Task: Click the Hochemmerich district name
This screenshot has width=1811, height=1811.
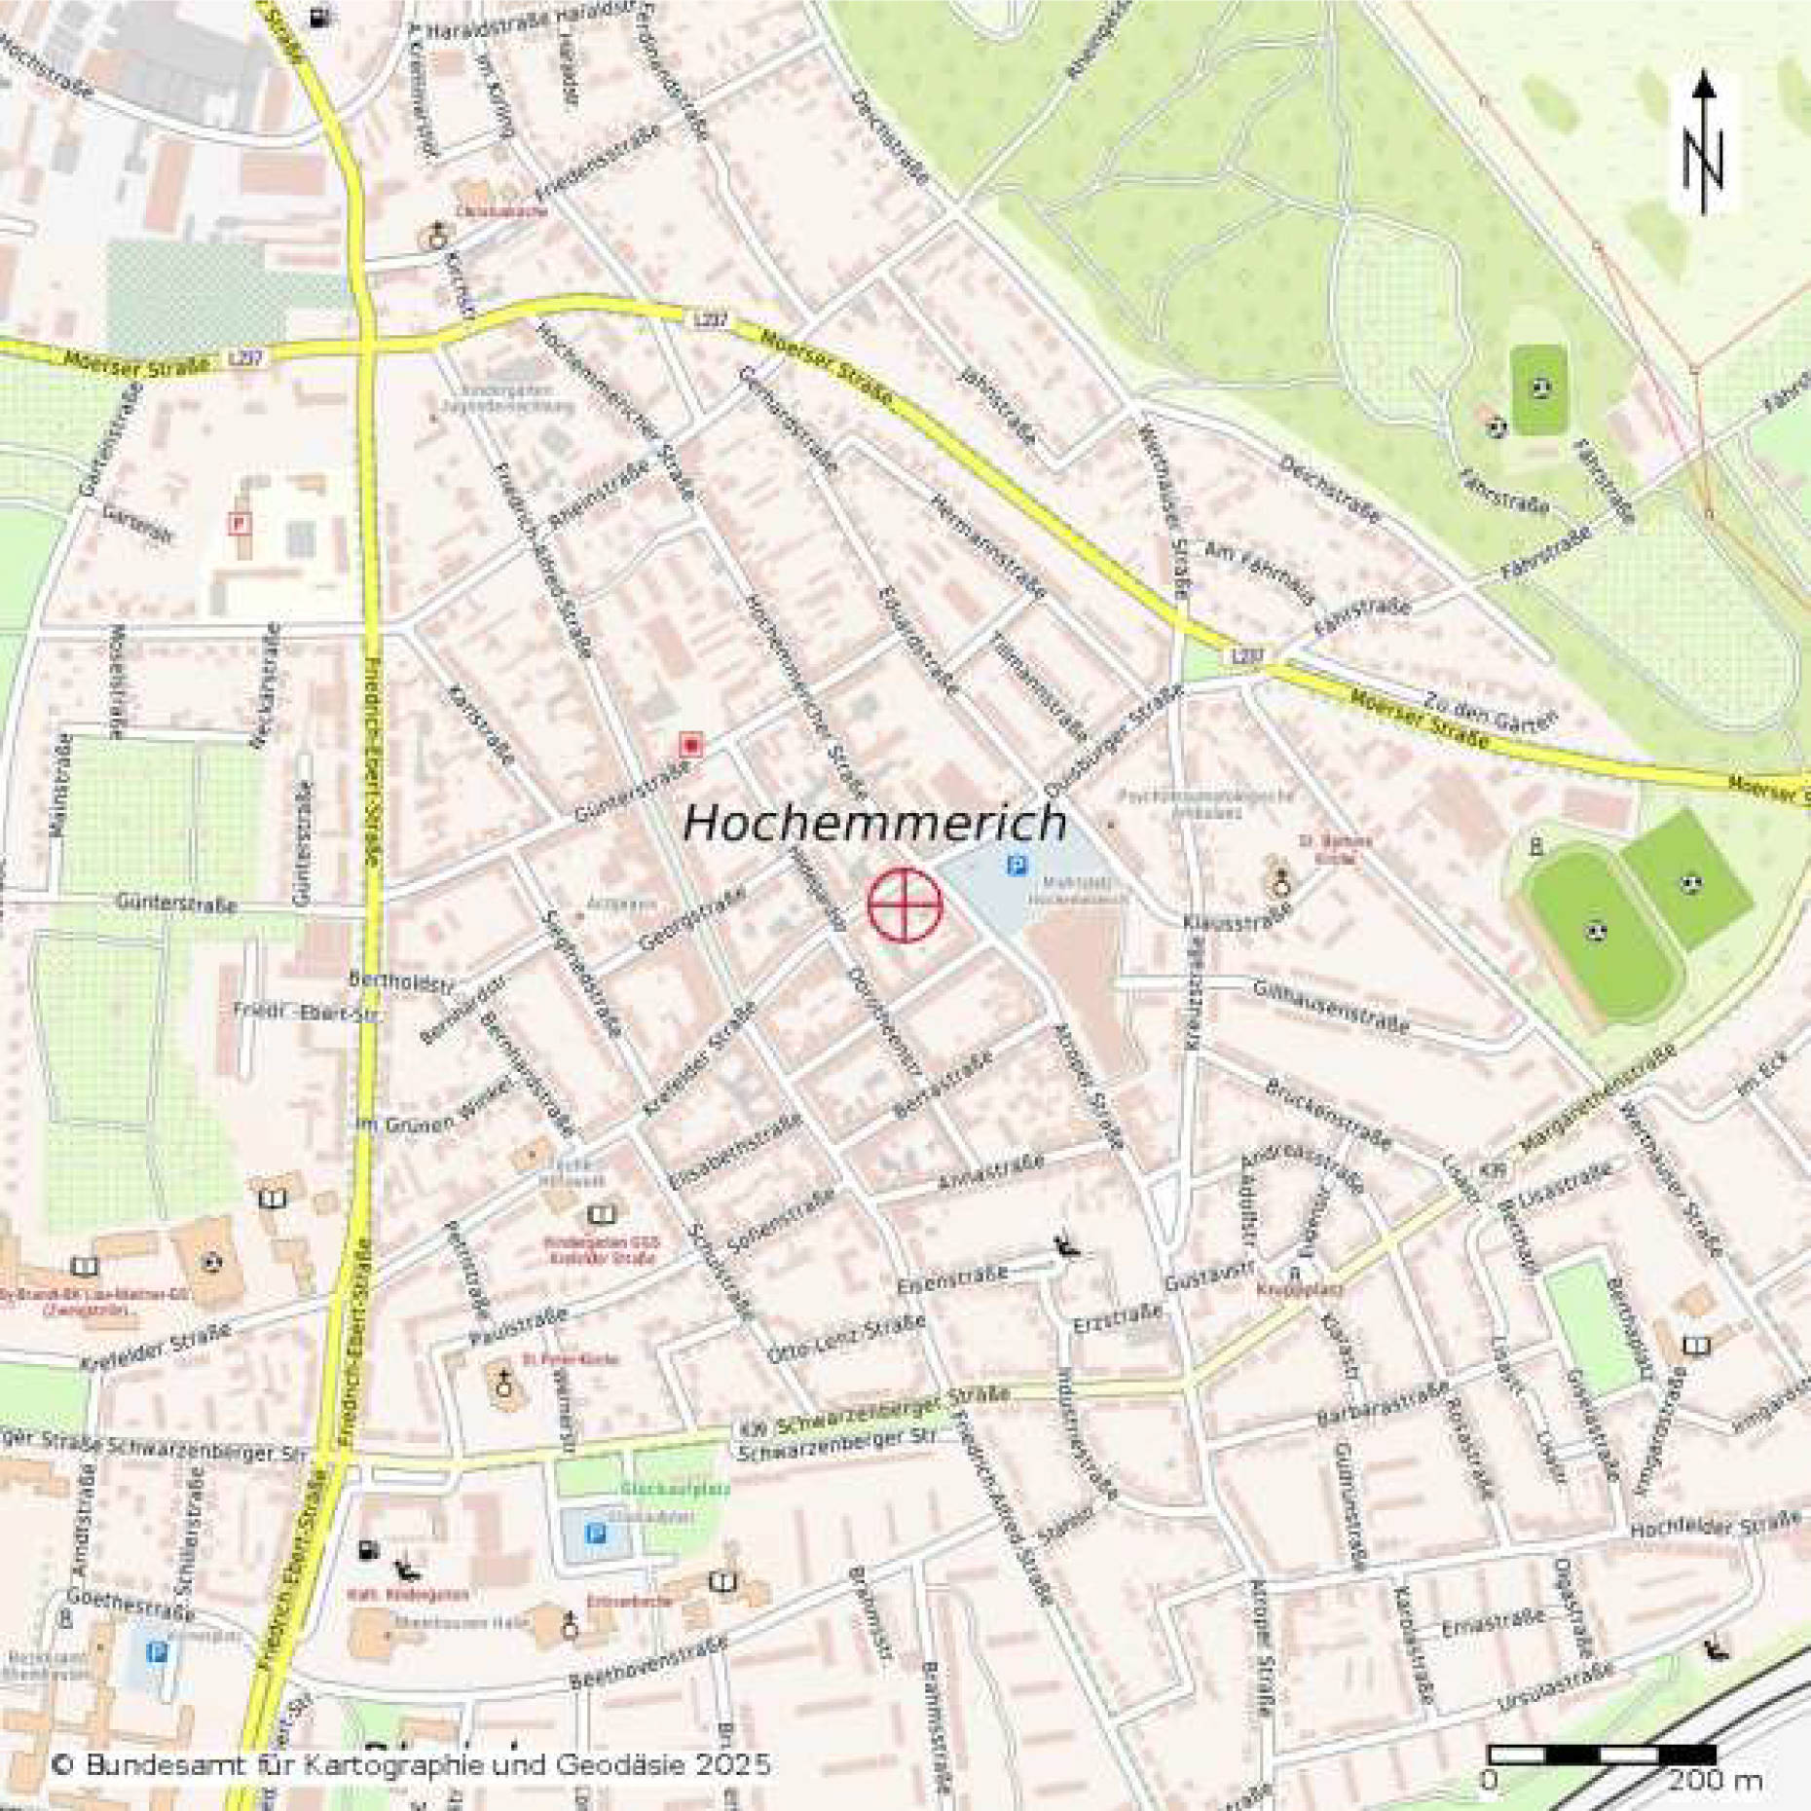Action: click(x=874, y=823)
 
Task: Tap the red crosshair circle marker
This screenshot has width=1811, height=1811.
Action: click(x=905, y=905)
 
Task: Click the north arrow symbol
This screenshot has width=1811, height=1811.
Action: click(x=1703, y=141)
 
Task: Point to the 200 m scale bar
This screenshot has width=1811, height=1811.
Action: click(x=1602, y=1755)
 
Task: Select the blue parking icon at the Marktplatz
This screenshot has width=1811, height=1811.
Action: click(x=1017, y=865)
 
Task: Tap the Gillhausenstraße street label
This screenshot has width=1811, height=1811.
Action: click(x=1331, y=1008)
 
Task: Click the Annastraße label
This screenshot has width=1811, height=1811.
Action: click(x=990, y=1172)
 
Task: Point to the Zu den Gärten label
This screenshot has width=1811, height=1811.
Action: click(x=1490, y=710)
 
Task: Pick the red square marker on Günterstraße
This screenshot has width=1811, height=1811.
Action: click(x=690, y=746)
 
